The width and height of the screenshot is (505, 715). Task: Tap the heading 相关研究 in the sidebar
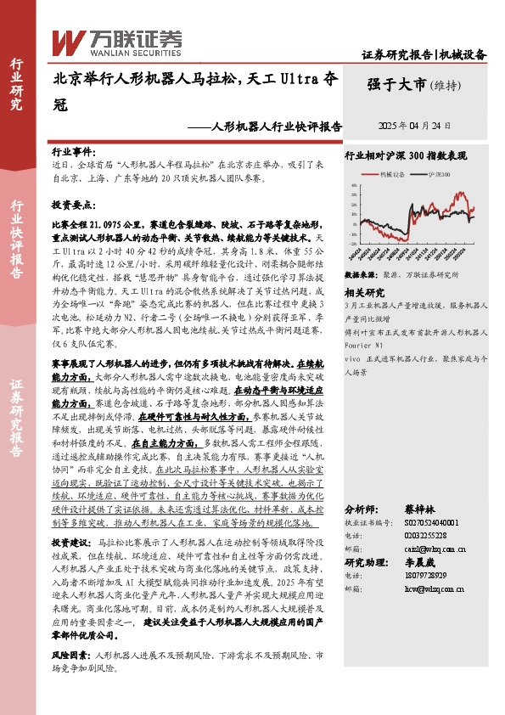362,290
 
